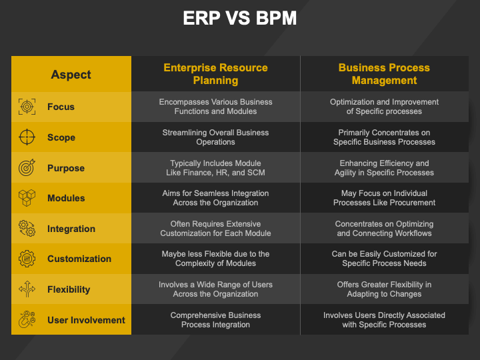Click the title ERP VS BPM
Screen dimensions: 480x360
tap(240, 18)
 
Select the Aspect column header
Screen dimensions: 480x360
tap(71, 75)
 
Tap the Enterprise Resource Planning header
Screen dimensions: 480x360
tap(215, 74)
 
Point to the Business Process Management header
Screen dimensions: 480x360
tap(384, 74)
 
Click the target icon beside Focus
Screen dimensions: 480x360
tap(27, 107)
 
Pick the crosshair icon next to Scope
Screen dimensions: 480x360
tap(27, 137)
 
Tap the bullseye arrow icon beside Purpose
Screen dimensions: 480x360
tap(27, 167)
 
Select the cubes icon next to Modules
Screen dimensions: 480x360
tap(27, 198)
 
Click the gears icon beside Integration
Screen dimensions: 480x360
tap(27, 229)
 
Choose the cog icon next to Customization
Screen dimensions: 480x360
tap(27, 259)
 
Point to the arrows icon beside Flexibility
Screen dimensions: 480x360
tap(27, 289)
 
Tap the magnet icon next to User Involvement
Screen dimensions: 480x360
tap(27, 319)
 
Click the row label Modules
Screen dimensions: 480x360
tap(66, 198)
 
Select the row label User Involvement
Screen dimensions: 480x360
tap(86, 320)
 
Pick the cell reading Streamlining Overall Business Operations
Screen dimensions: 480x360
tap(215, 137)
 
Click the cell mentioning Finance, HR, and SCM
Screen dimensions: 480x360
tap(215, 168)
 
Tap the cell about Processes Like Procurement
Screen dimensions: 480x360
tap(384, 198)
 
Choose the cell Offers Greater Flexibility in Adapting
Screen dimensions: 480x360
tap(384, 289)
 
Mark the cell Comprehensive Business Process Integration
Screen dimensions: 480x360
tap(215, 319)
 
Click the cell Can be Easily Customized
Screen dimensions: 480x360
tap(384, 259)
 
